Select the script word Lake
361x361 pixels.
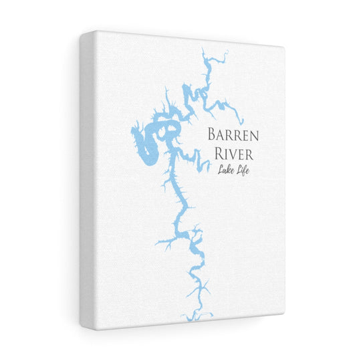click(225, 172)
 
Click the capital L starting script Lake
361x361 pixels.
click(219, 172)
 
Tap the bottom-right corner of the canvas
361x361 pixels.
click(283, 312)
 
